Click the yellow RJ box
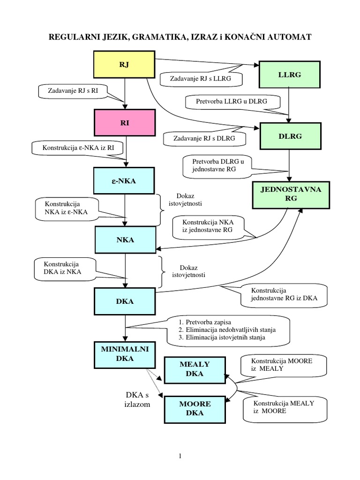click(x=124, y=64)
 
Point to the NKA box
click(x=125, y=240)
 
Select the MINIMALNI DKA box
click(x=124, y=354)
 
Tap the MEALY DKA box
click(x=194, y=369)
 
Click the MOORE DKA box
click(x=194, y=408)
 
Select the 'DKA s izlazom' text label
click(x=135, y=400)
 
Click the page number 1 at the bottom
click(x=180, y=456)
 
